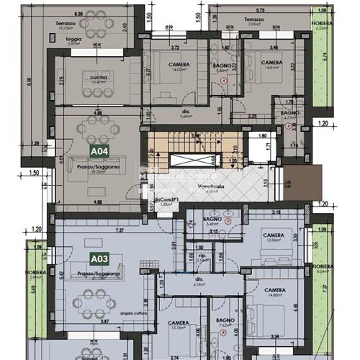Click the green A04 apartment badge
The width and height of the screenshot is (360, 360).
99,151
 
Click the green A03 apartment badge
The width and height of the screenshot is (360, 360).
99,258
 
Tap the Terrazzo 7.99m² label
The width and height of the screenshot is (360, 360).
253,22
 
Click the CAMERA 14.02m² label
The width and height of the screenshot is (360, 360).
179,67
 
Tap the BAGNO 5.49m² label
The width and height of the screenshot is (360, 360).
212,221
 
